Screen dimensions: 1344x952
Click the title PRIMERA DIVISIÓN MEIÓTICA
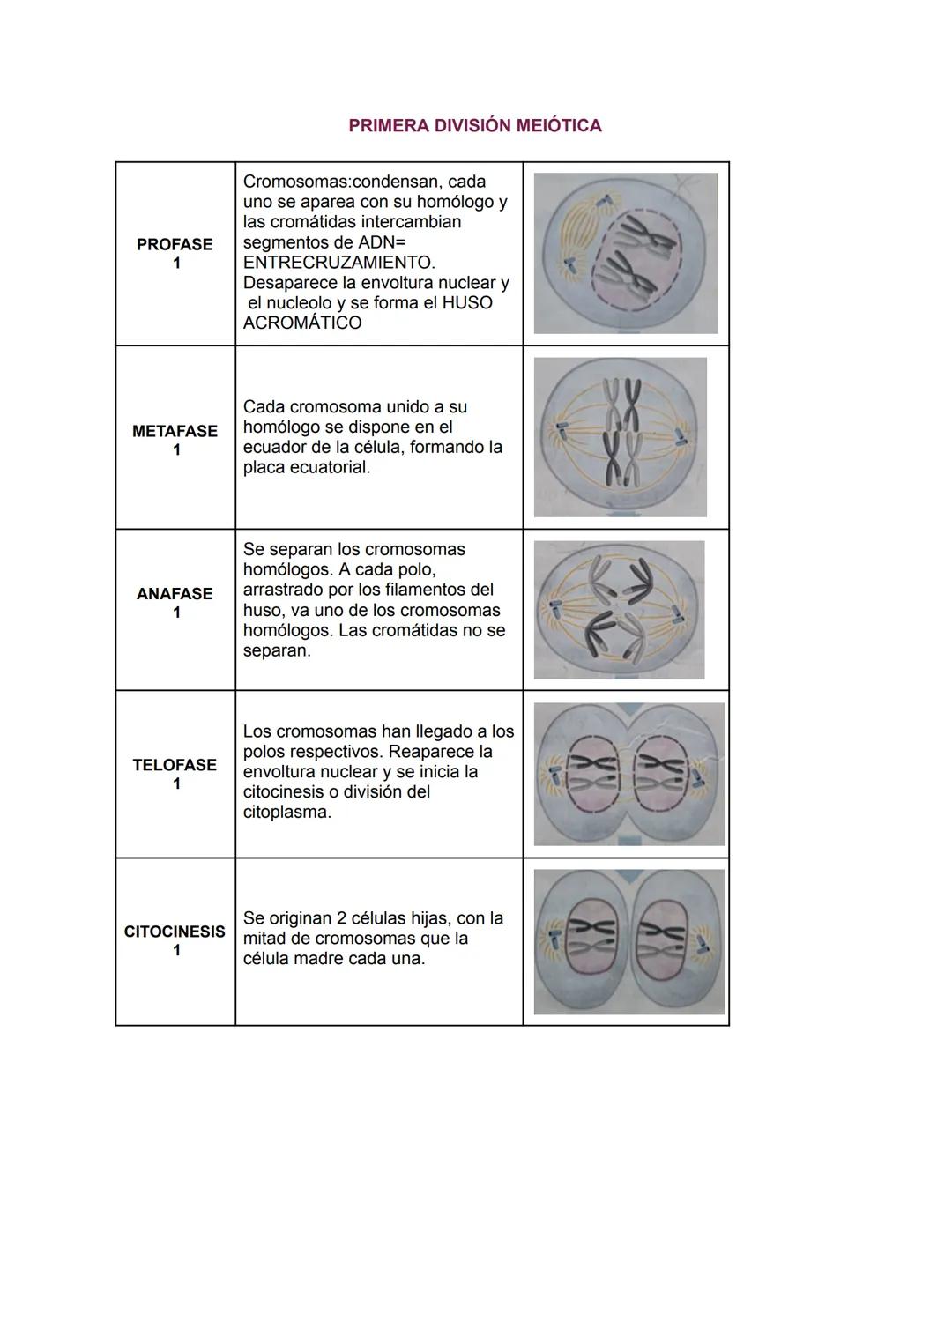point(475,125)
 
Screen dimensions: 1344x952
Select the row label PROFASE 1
point(175,253)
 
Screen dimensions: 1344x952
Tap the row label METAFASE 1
point(175,440)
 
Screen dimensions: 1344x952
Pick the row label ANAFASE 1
point(175,603)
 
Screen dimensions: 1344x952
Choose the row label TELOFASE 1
point(175,774)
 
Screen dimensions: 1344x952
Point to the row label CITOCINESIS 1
point(175,940)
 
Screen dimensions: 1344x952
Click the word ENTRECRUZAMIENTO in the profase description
point(338,263)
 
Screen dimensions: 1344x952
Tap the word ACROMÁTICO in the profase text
point(302,323)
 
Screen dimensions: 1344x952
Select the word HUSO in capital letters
point(467,302)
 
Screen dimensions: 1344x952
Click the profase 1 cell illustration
point(625,253)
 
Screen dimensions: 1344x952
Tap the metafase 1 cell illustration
point(621,436)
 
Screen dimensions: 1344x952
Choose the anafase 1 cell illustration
point(620,610)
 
